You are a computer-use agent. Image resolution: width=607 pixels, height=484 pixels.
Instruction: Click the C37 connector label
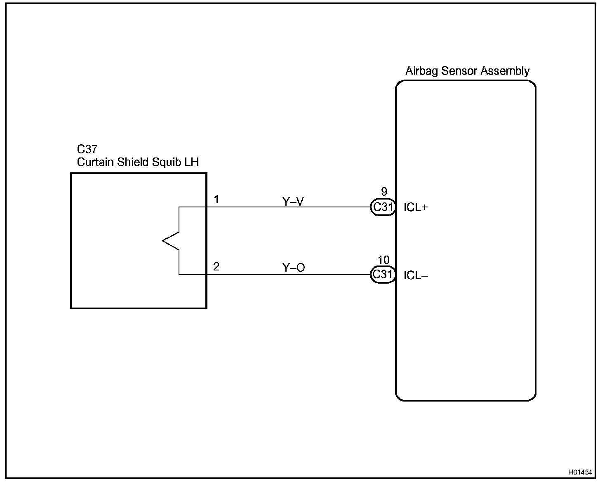tap(87, 149)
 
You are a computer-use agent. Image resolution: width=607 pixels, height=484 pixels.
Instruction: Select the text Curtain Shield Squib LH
tap(138, 162)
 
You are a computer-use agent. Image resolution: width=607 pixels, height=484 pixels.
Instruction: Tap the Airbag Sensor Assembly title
tap(467, 71)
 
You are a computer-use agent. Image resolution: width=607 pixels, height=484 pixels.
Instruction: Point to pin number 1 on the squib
tap(216, 200)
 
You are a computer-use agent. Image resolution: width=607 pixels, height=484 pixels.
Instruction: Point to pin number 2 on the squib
tap(216, 267)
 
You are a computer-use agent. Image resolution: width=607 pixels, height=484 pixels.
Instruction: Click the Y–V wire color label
tap(293, 202)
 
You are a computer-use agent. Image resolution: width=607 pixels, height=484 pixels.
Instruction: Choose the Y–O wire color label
tap(293, 268)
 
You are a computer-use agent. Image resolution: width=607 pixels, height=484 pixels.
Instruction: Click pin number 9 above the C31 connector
tap(384, 192)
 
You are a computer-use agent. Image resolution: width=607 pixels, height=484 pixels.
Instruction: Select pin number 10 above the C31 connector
tap(383, 260)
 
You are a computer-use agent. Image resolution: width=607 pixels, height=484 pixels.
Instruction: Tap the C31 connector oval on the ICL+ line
tap(383, 207)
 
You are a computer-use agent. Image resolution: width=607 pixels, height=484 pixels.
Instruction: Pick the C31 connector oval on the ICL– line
tap(383, 275)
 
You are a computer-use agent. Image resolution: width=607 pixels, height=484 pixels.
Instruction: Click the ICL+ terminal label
tap(416, 207)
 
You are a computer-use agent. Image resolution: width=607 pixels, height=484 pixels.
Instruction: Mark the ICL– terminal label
tap(416, 275)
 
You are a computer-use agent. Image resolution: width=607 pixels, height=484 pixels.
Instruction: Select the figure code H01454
tap(580, 472)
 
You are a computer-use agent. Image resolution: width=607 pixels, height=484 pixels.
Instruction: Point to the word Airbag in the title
tap(422, 71)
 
